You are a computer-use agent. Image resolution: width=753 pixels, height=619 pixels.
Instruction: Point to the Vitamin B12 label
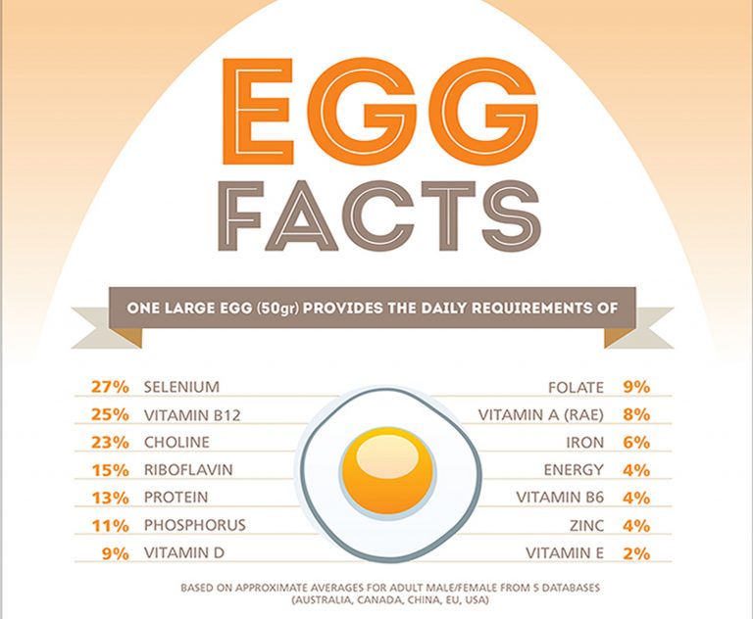point(192,414)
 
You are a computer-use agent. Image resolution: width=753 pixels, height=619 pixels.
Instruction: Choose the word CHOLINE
point(176,442)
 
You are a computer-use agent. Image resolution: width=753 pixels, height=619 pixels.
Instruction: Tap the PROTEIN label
point(176,497)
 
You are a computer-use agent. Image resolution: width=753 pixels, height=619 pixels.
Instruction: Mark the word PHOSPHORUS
point(194,525)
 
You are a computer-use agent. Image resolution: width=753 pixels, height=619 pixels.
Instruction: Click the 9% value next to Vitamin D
point(116,552)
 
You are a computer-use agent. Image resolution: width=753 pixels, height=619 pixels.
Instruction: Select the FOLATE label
point(577,387)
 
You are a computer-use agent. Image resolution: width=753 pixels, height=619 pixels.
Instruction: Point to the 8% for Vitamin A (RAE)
point(636,414)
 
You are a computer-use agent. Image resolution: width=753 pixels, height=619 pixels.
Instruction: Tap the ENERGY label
point(574,469)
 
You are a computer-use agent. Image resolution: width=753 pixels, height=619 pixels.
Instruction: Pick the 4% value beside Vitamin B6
point(636,497)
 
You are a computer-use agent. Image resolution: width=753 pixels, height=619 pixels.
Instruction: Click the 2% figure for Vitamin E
point(636,552)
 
